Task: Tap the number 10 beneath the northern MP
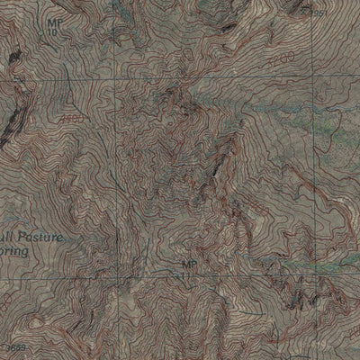[53, 31]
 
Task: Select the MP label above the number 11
[188, 264]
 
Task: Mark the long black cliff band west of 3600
[7, 126]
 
